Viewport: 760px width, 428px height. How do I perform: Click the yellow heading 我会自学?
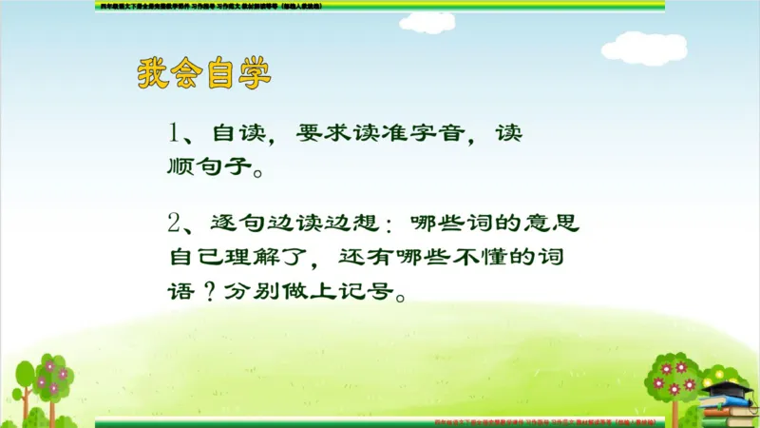[x=204, y=74]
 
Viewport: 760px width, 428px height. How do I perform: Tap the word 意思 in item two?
[x=555, y=224]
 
